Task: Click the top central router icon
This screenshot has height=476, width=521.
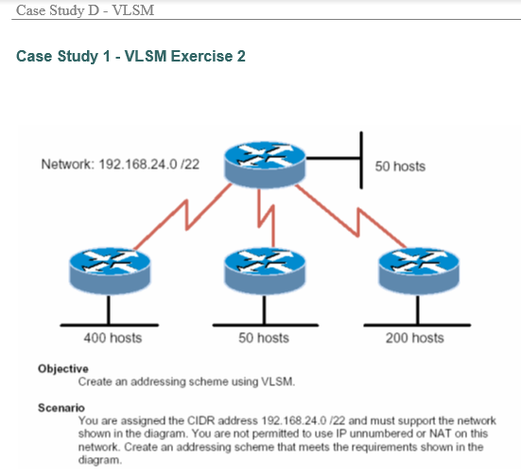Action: point(262,163)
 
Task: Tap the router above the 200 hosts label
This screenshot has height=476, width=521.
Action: point(414,271)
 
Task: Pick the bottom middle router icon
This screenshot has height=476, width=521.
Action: point(263,271)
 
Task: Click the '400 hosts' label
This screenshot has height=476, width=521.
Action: point(113,338)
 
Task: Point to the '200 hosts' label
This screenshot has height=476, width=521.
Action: point(414,338)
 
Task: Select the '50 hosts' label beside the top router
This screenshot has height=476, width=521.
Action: point(400,167)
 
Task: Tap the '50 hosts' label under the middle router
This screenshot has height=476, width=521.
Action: point(264,338)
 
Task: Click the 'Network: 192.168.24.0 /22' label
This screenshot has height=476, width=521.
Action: point(120,164)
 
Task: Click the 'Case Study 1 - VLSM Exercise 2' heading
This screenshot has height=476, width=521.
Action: point(131,57)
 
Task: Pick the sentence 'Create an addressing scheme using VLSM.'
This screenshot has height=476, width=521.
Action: point(187,382)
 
